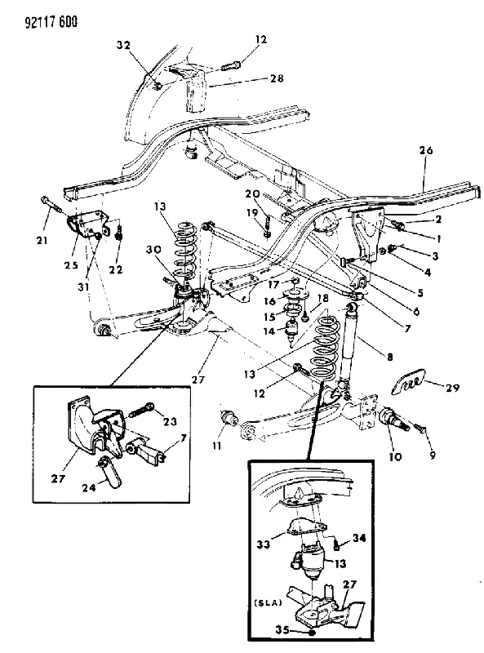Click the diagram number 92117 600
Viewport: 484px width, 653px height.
click(51, 22)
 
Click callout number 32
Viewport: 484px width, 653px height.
click(123, 45)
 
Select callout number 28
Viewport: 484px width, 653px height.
click(277, 78)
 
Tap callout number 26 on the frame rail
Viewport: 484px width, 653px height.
click(426, 150)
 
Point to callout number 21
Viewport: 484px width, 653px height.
click(42, 240)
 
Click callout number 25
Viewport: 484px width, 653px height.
click(71, 264)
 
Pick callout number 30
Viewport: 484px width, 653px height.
click(153, 250)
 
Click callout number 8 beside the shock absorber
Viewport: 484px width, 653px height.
click(390, 357)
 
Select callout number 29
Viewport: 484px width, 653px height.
click(452, 388)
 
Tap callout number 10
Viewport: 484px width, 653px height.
click(395, 456)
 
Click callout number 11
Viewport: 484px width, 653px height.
click(216, 446)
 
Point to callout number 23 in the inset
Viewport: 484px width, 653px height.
click(170, 421)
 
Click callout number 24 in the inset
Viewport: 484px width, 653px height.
click(89, 487)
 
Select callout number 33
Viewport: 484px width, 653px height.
click(264, 544)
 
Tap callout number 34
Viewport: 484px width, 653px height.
click(359, 538)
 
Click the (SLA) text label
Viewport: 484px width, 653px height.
click(267, 602)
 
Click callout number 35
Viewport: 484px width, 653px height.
click(282, 630)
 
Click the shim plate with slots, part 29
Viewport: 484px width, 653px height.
click(409, 381)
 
